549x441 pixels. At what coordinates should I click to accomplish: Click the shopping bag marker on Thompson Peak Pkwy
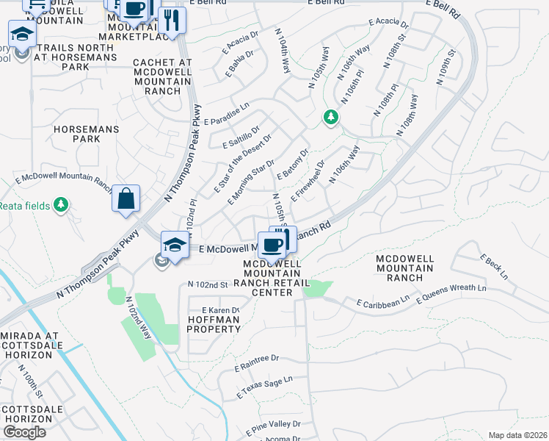[x=126, y=198]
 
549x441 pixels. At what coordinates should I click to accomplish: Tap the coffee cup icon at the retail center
[x=272, y=245]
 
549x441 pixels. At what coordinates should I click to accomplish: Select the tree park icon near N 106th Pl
[x=331, y=117]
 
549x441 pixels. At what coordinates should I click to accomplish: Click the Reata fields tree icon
[x=62, y=204]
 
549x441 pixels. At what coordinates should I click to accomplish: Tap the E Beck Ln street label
[x=493, y=267]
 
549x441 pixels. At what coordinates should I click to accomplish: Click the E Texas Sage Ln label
[x=264, y=387]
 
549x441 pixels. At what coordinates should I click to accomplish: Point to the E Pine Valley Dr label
[x=276, y=424]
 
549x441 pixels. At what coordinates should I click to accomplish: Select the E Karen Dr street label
[x=220, y=310]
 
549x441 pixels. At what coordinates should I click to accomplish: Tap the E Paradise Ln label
[x=227, y=114]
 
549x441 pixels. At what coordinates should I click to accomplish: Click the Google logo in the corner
[x=24, y=432]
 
